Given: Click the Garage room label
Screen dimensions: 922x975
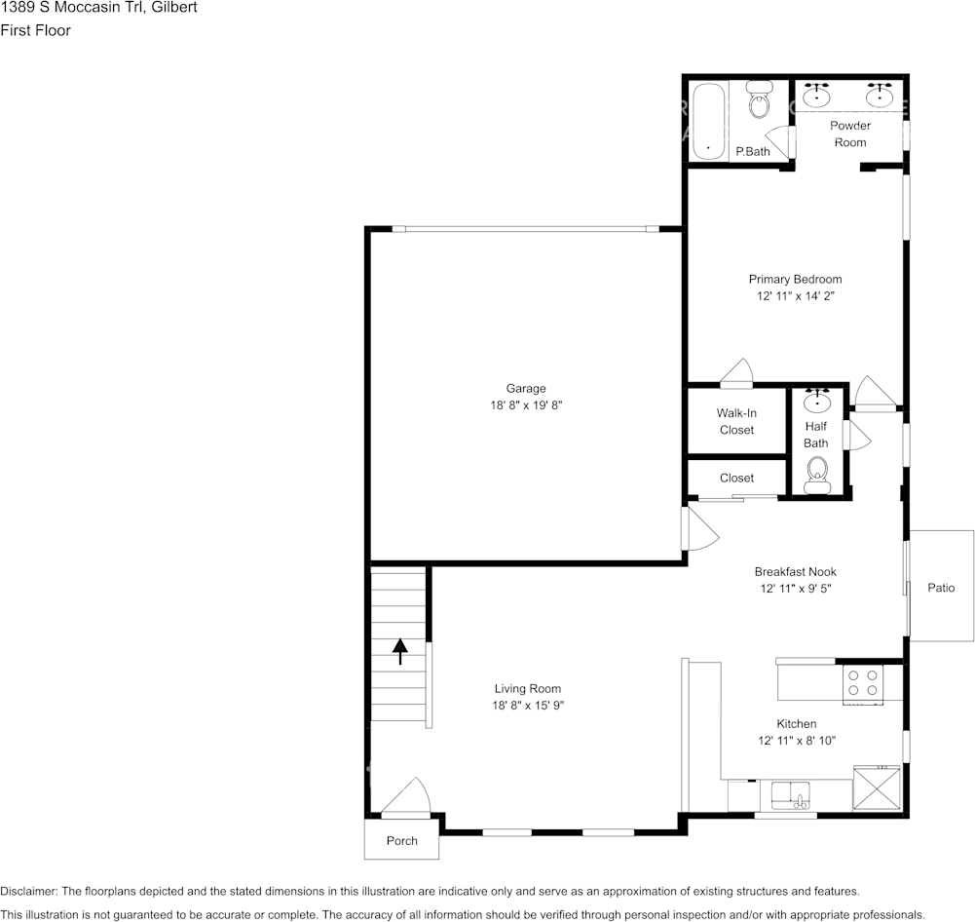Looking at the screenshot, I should pos(525,389).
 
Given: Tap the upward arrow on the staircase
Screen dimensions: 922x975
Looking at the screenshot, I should pos(400,651).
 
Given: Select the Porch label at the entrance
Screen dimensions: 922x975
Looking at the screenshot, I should pos(401,841).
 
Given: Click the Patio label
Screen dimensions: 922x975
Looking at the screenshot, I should pos(941,588).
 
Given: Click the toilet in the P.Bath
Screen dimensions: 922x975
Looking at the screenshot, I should pos(759,101).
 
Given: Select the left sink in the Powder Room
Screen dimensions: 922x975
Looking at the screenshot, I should pos(816,96).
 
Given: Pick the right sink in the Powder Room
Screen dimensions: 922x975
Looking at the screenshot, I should pos(881,96).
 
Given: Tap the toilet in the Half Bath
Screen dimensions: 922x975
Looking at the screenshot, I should pos(817,478).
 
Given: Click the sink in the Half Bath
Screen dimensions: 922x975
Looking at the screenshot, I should pos(817,400).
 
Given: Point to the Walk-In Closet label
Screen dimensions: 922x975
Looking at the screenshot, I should pos(736,421).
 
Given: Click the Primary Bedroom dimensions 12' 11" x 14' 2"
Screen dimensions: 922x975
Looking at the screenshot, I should pos(795,296).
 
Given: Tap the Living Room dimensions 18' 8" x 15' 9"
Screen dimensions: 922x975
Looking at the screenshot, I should pos(527,706).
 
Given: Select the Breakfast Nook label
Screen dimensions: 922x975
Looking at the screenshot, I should pos(795,572).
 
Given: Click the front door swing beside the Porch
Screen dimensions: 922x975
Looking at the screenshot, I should pos(407,797).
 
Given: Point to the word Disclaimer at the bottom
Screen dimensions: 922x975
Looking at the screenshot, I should pos(29,892).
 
